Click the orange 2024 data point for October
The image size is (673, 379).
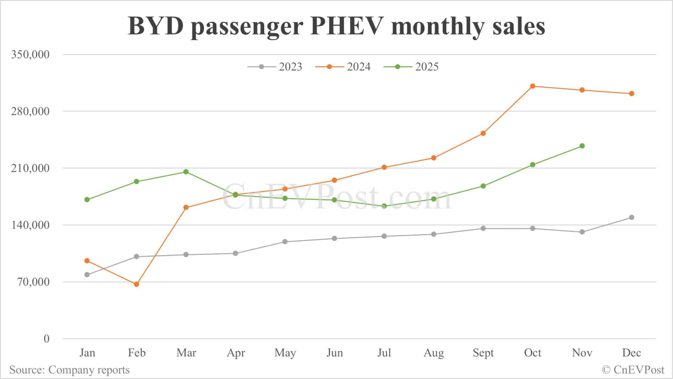[533, 86]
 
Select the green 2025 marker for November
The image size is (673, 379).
[582, 146]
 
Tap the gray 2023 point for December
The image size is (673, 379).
[632, 217]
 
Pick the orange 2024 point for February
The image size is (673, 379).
[136, 284]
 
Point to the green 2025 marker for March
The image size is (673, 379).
[186, 172]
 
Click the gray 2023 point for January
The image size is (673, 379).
[87, 274]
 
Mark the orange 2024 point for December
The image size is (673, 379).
[632, 94]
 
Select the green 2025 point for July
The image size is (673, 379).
[384, 206]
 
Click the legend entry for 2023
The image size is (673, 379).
[275, 67]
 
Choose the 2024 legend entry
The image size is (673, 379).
[343, 67]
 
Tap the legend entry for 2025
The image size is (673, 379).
[411, 67]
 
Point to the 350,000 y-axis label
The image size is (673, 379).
[30, 54]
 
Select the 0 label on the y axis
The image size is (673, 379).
[46, 339]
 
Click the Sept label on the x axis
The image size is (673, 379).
[483, 353]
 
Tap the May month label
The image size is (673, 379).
[285, 353]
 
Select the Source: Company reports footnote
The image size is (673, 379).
[69, 370]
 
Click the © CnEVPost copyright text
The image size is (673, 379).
[633, 370]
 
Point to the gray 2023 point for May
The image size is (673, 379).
[285, 242]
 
